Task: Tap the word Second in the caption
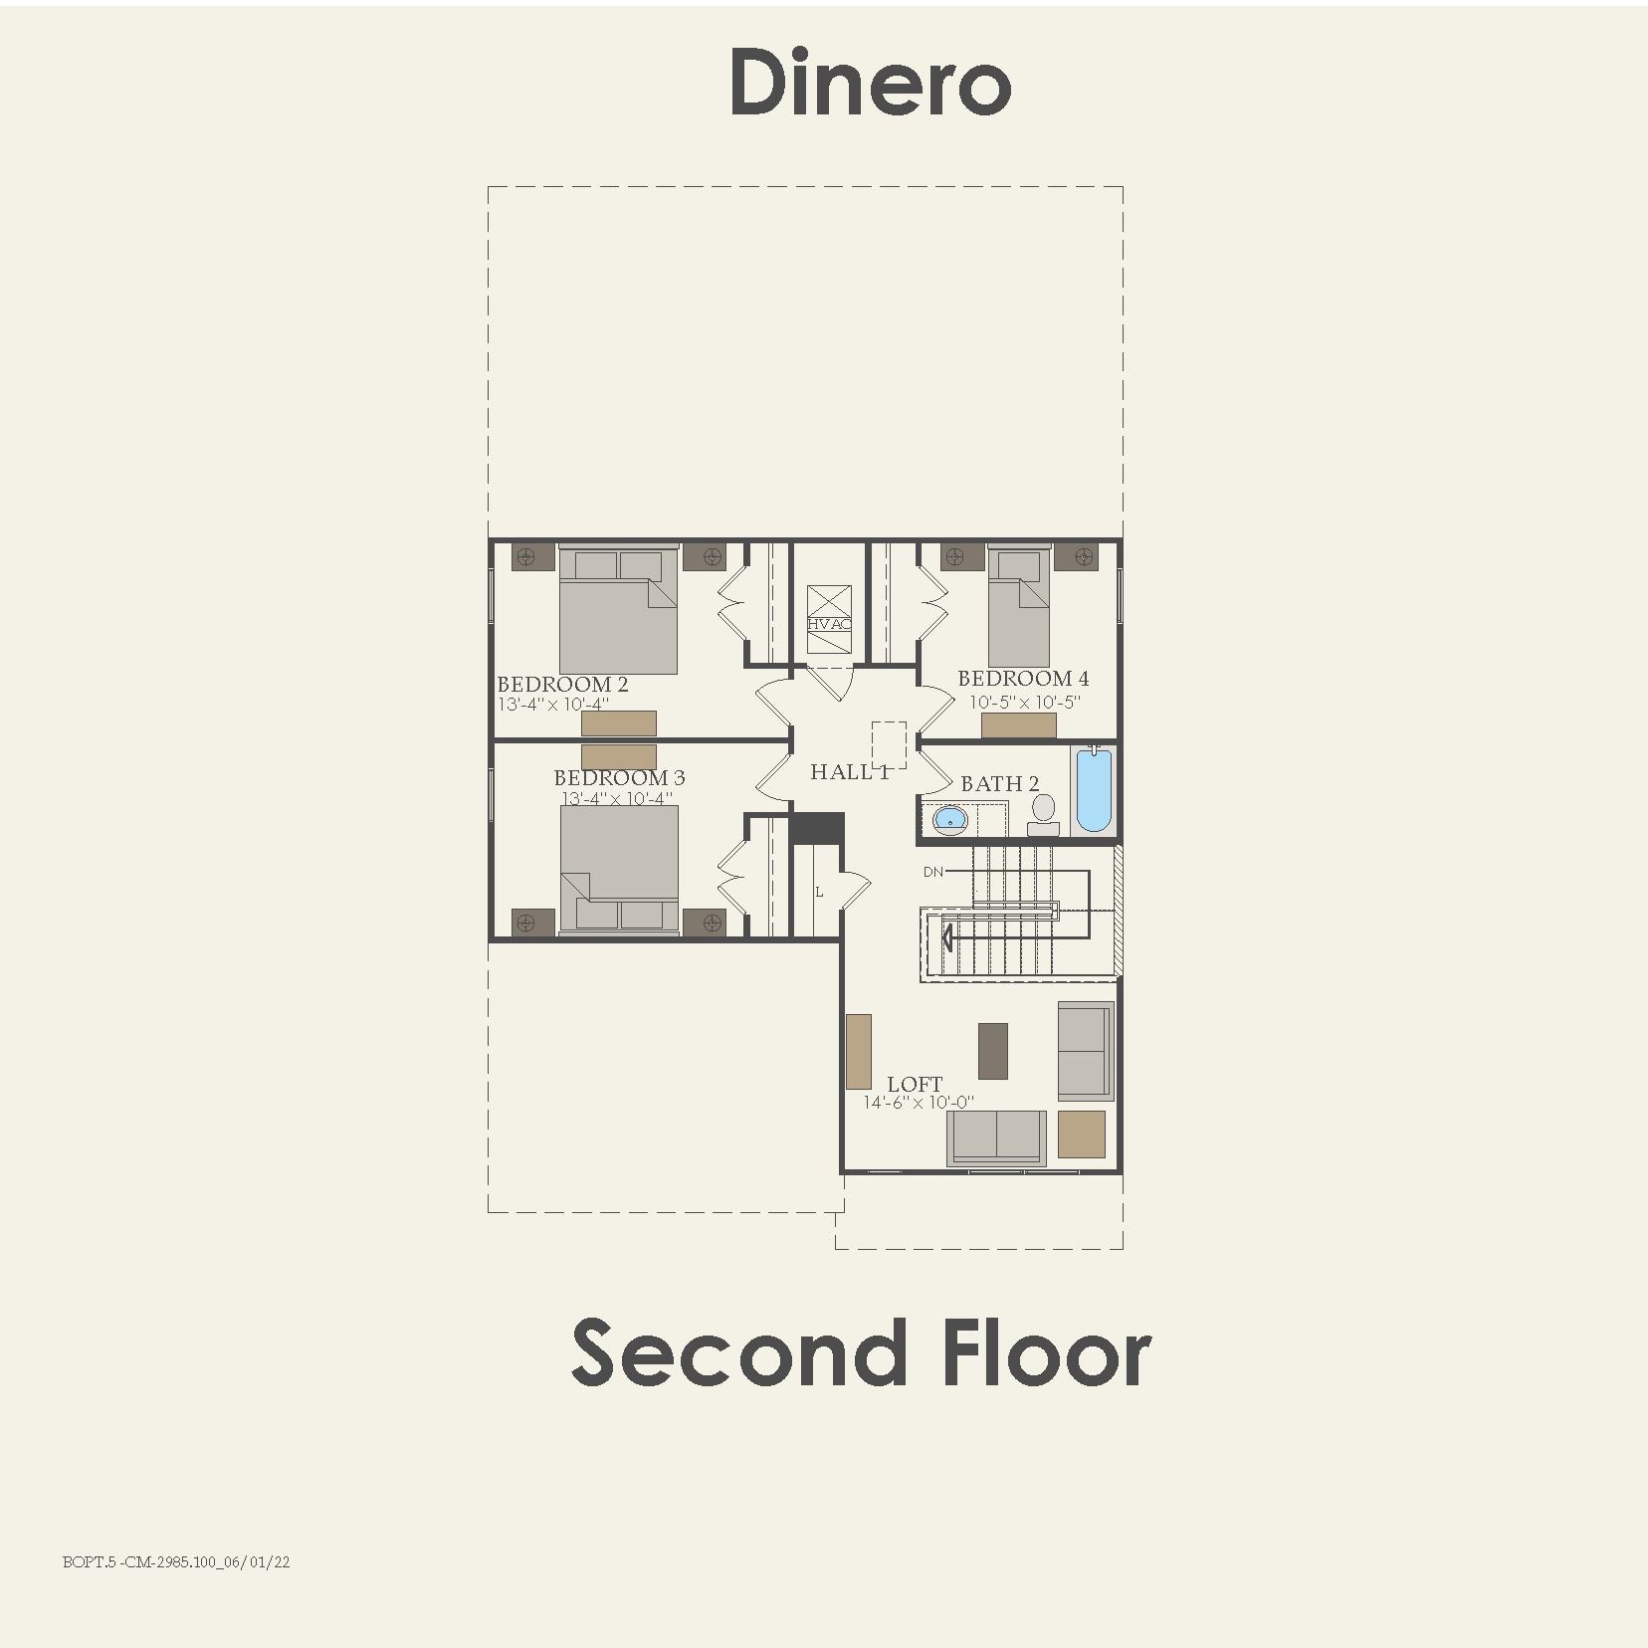(x=737, y=1352)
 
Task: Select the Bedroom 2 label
(x=562, y=685)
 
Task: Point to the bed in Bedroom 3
(x=619, y=867)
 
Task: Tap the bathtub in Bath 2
(x=1093, y=791)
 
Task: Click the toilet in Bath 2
(x=1043, y=814)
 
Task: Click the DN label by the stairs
(x=932, y=873)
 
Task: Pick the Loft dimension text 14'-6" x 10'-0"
(x=919, y=1103)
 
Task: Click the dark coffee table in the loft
(x=992, y=1051)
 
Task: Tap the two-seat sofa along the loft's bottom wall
(x=996, y=1136)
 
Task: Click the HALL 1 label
(x=849, y=772)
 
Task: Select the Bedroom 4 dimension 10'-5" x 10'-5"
(x=1024, y=702)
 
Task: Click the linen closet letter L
(x=819, y=893)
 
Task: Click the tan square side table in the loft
(x=1081, y=1134)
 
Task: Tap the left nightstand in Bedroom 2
(x=531, y=556)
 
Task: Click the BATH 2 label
(x=999, y=784)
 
